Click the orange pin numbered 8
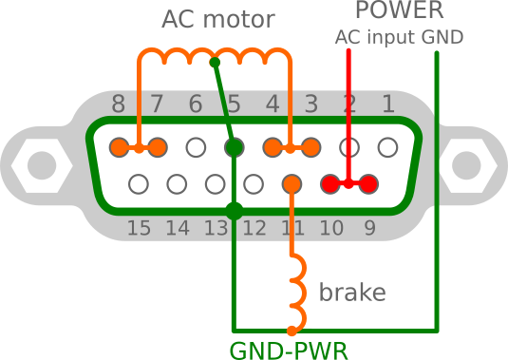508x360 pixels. click(x=119, y=147)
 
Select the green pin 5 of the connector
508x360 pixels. click(x=234, y=147)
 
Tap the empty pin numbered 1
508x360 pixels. click(x=387, y=147)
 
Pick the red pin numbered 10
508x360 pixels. click(x=330, y=183)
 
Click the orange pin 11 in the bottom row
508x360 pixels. click(x=292, y=183)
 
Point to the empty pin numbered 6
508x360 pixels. click(x=196, y=147)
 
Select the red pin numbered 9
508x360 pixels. click(x=368, y=183)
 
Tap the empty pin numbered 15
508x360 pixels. click(x=139, y=183)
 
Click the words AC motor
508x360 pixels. click(x=217, y=20)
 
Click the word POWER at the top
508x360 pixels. click(x=399, y=11)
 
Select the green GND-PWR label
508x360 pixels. click(x=289, y=350)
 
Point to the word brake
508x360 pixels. click(x=352, y=293)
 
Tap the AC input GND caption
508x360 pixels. click(x=399, y=38)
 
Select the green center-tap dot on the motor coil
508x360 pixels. click(x=215, y=63)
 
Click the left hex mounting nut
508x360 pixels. click(x=41, y=166)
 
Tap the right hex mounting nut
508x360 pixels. click(x=466, y=166)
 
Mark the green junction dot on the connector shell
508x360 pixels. click(x=234, y=211)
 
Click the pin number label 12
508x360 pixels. click(x=254, y=228)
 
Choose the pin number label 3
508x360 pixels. click(x=310, y=104)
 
